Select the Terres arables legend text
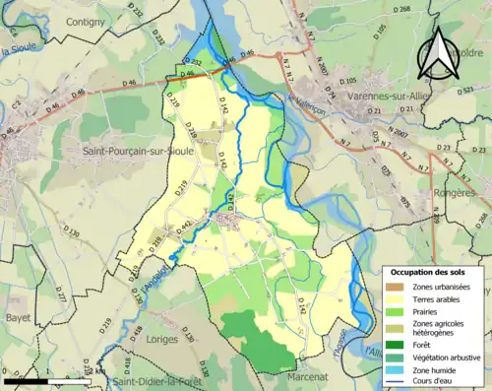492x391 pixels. point(440,299)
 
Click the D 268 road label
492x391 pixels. point(401,8)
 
